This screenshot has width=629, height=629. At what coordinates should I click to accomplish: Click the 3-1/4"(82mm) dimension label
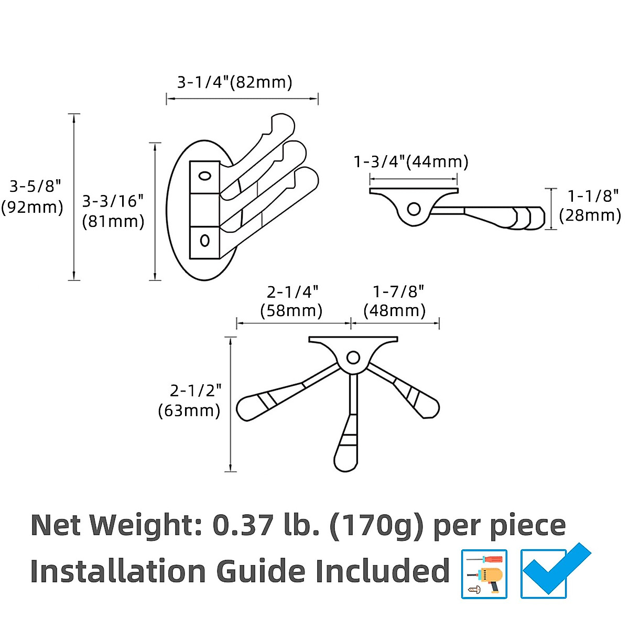(x=234, y=82)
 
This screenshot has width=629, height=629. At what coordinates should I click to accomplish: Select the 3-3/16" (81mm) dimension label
(x=113, y=211)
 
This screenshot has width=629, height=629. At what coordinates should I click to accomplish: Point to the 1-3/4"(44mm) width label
(x=411, y=161)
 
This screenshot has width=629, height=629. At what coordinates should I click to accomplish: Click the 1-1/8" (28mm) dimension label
(x=591, y=205)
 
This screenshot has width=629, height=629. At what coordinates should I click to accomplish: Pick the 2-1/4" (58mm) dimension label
(x=291, y=301)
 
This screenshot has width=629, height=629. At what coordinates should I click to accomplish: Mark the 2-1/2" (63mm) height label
(x=189, y=400)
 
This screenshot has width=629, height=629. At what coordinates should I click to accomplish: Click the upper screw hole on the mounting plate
(x=204, y=176)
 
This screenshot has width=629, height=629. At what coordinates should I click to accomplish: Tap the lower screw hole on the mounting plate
(x=205, y=241)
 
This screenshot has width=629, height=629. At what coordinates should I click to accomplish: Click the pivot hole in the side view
(x=414, y=209)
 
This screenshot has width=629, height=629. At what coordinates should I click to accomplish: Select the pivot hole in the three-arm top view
(x=353, y=359)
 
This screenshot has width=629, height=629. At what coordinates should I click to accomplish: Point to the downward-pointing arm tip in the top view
(x=346, y=461)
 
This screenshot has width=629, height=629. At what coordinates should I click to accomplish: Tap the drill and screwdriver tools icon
(x=484, y=574)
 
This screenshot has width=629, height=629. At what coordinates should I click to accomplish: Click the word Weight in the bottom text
(x=146, y=525)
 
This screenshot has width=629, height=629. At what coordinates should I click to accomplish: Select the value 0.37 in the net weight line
(x=243, y=525)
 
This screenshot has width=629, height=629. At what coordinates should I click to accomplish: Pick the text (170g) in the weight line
(x=375, y=526)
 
